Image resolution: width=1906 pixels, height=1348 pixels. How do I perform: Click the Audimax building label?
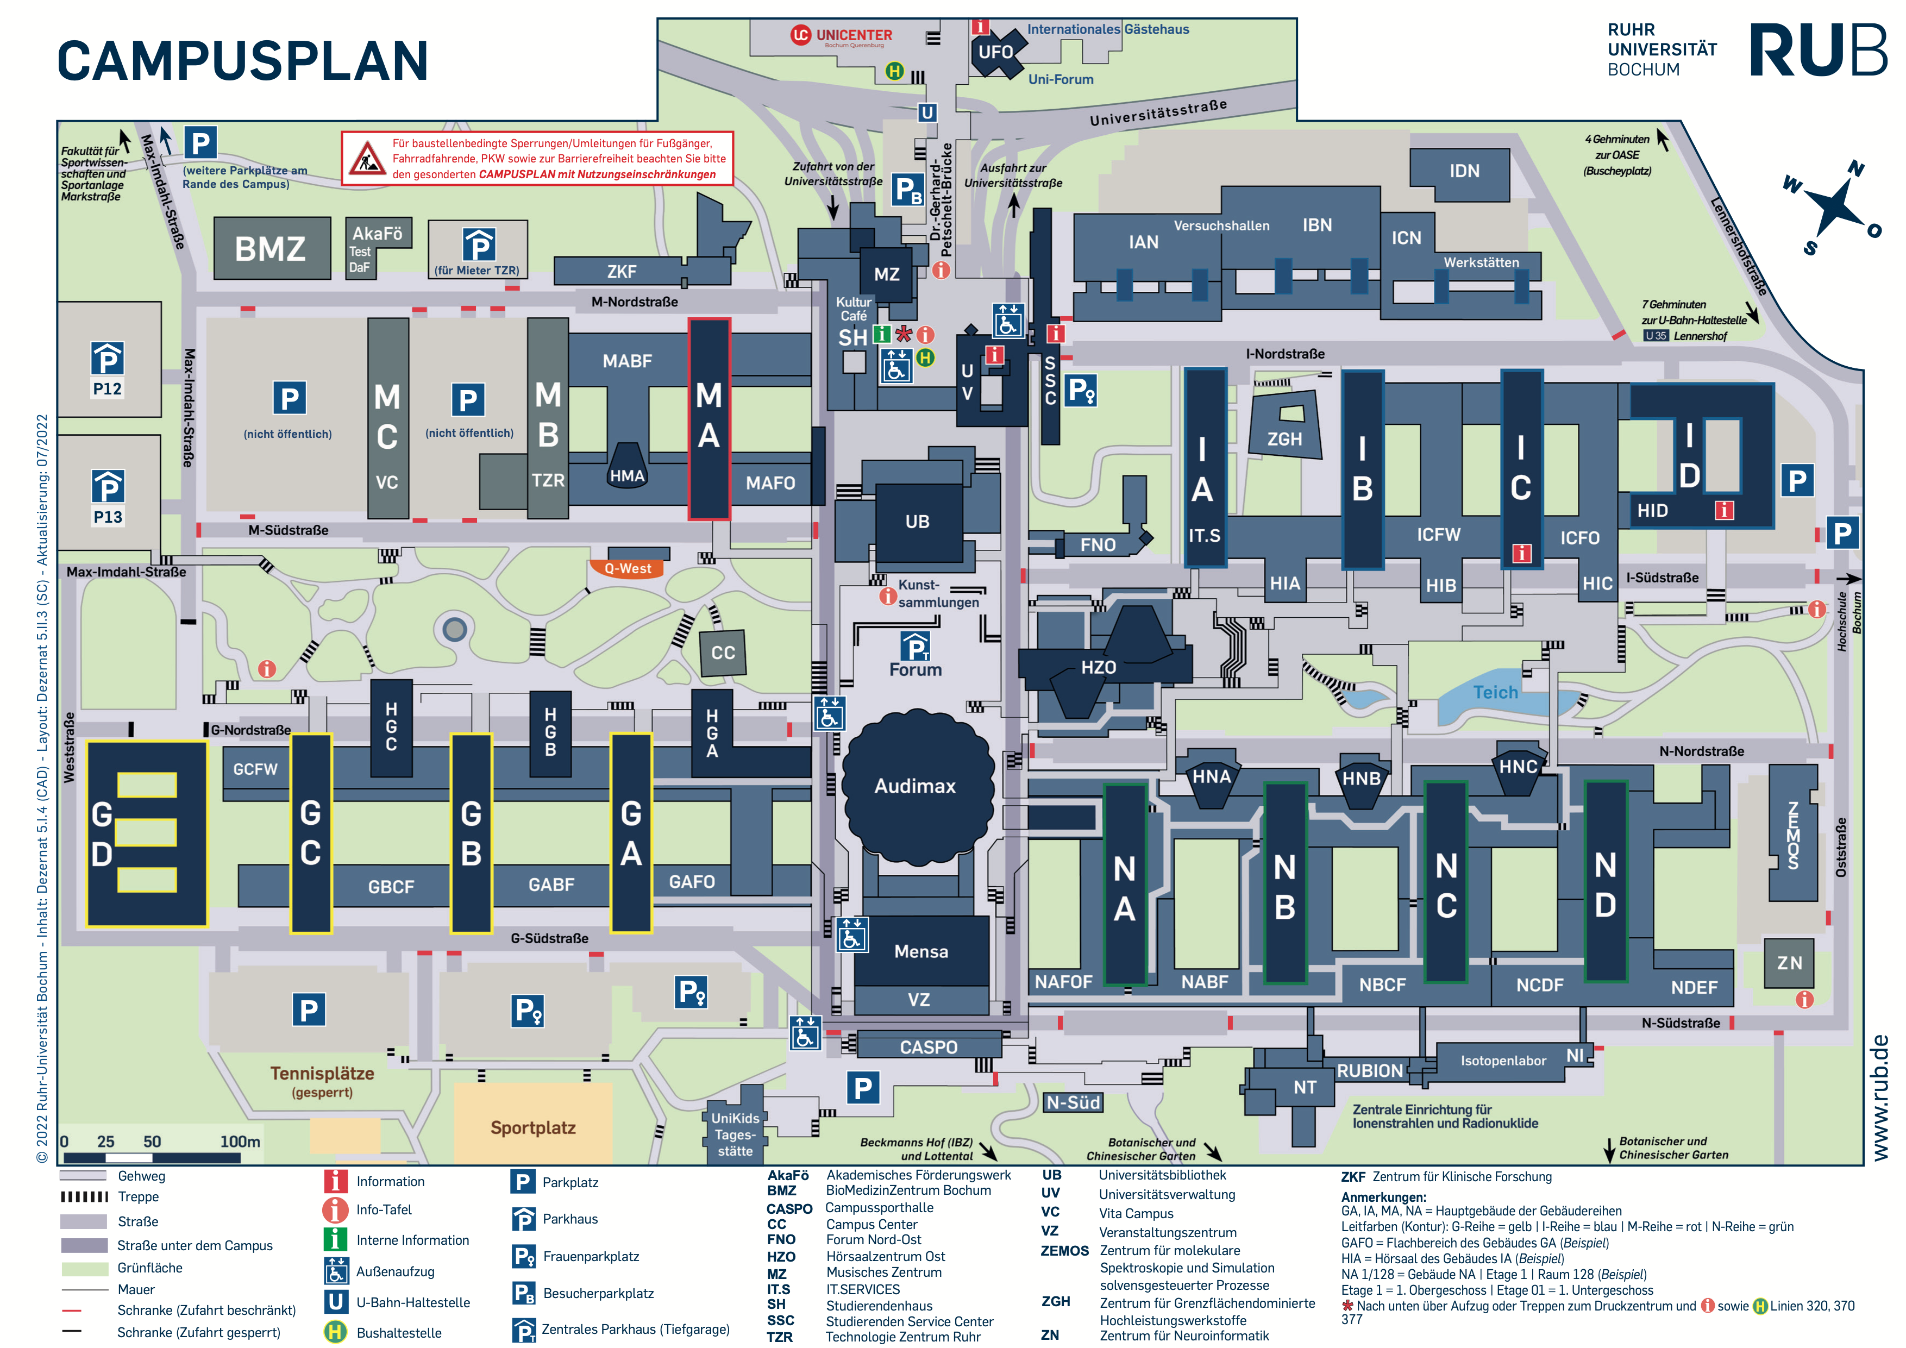pos(915,786)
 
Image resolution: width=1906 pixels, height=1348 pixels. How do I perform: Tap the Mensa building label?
pos(920,951)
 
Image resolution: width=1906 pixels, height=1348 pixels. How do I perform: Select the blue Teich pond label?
pos(1495,692)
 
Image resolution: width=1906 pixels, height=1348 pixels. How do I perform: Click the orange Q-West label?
pos(628,568)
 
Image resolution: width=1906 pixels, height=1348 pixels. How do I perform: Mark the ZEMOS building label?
pos(1793,835)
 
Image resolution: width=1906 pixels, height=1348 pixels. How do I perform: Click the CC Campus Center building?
pos(722,653)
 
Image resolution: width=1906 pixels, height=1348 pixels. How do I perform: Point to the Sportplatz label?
pos(533,1128)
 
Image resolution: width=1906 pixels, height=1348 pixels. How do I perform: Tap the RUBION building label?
pos(1369,1071)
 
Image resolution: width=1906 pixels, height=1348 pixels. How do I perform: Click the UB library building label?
pos(917,521)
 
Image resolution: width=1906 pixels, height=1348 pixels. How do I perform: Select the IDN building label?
pos(1464,171)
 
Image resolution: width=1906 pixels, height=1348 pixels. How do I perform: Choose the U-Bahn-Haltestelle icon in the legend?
pos(335,1301)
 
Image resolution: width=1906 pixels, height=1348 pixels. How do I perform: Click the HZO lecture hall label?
pos(1098,667)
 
